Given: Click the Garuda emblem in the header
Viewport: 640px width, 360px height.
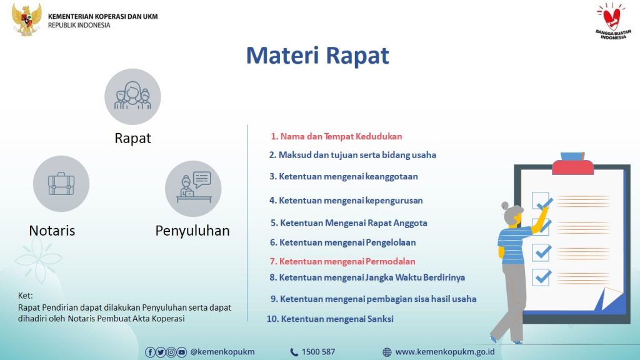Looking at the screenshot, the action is coord(26,19).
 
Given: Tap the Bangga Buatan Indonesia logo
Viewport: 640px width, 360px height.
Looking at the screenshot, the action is coord(613,21).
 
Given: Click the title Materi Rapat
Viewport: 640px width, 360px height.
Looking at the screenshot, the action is coord(317,55).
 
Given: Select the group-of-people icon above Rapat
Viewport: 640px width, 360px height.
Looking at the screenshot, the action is coord(132,96).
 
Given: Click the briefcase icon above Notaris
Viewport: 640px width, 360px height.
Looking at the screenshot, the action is coord(61,184).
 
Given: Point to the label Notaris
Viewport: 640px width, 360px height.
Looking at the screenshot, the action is coord(52,231).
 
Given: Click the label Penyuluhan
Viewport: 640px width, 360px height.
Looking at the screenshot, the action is coord(192,231).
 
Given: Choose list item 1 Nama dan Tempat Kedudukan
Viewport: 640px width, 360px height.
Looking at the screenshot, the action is coord(336,136).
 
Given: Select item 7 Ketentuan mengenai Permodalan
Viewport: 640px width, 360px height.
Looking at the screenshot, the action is coord(342,261).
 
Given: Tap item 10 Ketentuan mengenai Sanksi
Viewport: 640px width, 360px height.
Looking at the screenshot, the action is coord(330,319).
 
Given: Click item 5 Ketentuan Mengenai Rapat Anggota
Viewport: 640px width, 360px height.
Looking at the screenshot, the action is coord(349,223).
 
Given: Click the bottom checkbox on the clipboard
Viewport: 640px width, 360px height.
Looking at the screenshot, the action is coord(541,277).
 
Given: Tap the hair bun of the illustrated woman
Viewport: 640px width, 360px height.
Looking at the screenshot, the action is coord(505,206).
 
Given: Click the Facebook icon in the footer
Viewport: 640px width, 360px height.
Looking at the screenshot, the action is coord(150,352).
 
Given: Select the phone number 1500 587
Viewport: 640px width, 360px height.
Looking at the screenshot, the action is coord(318,352).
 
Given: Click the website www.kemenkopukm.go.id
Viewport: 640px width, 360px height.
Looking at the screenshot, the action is coord(445,352).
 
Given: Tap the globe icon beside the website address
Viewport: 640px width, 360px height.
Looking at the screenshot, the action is coord(387,352).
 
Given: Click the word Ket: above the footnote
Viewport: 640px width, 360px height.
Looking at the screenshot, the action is coord(25,296).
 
